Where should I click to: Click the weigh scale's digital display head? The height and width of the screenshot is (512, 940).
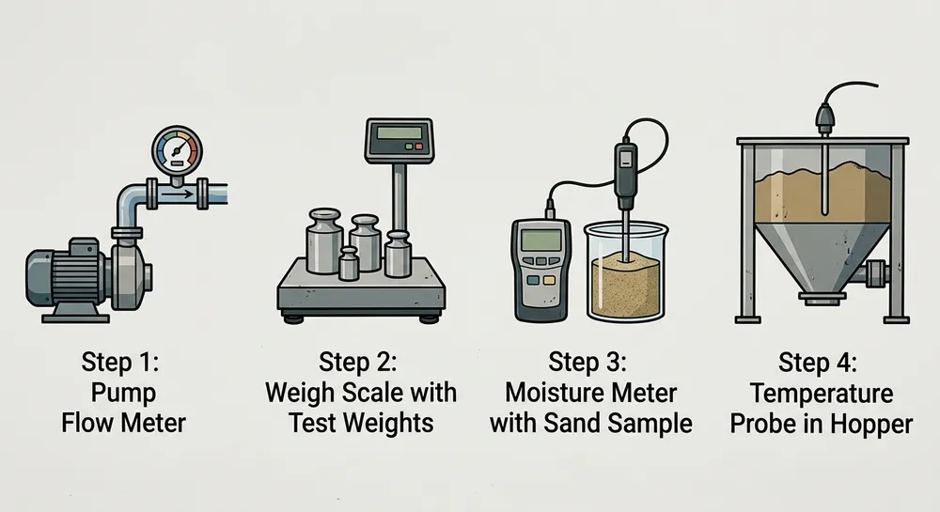(399, 142)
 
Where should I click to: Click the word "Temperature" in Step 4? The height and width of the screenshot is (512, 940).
(822, 393)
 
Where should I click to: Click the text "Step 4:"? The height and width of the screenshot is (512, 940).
(822, 362)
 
